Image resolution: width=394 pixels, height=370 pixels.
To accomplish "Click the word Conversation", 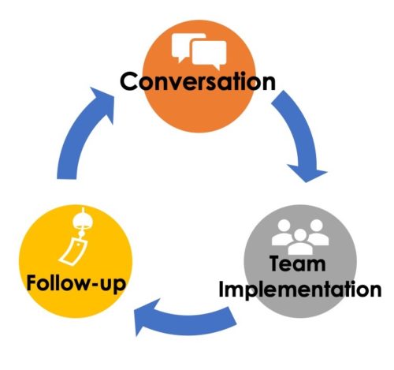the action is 198,81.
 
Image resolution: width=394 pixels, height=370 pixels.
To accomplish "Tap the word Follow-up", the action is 76,284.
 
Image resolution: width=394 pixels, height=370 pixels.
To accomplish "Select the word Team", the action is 298,263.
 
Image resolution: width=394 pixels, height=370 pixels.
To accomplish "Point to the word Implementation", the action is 299,289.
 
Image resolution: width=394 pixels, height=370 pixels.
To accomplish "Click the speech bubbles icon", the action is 199,51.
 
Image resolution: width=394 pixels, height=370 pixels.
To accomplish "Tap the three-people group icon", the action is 300,237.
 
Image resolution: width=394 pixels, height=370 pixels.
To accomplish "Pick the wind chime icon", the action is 74,237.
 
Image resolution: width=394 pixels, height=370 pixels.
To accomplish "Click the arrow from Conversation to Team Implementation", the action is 299,132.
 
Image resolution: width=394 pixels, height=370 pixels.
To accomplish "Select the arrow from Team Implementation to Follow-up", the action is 184,321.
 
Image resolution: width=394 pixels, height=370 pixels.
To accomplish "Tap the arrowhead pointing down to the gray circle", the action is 307,173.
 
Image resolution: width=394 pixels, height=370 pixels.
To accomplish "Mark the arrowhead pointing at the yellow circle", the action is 146,317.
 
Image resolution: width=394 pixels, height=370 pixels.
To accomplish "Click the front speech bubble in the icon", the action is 209,54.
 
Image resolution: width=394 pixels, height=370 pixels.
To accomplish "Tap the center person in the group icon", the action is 300,242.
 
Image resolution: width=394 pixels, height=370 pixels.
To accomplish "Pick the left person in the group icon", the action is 283,233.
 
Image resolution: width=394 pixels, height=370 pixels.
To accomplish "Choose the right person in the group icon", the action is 318,233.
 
